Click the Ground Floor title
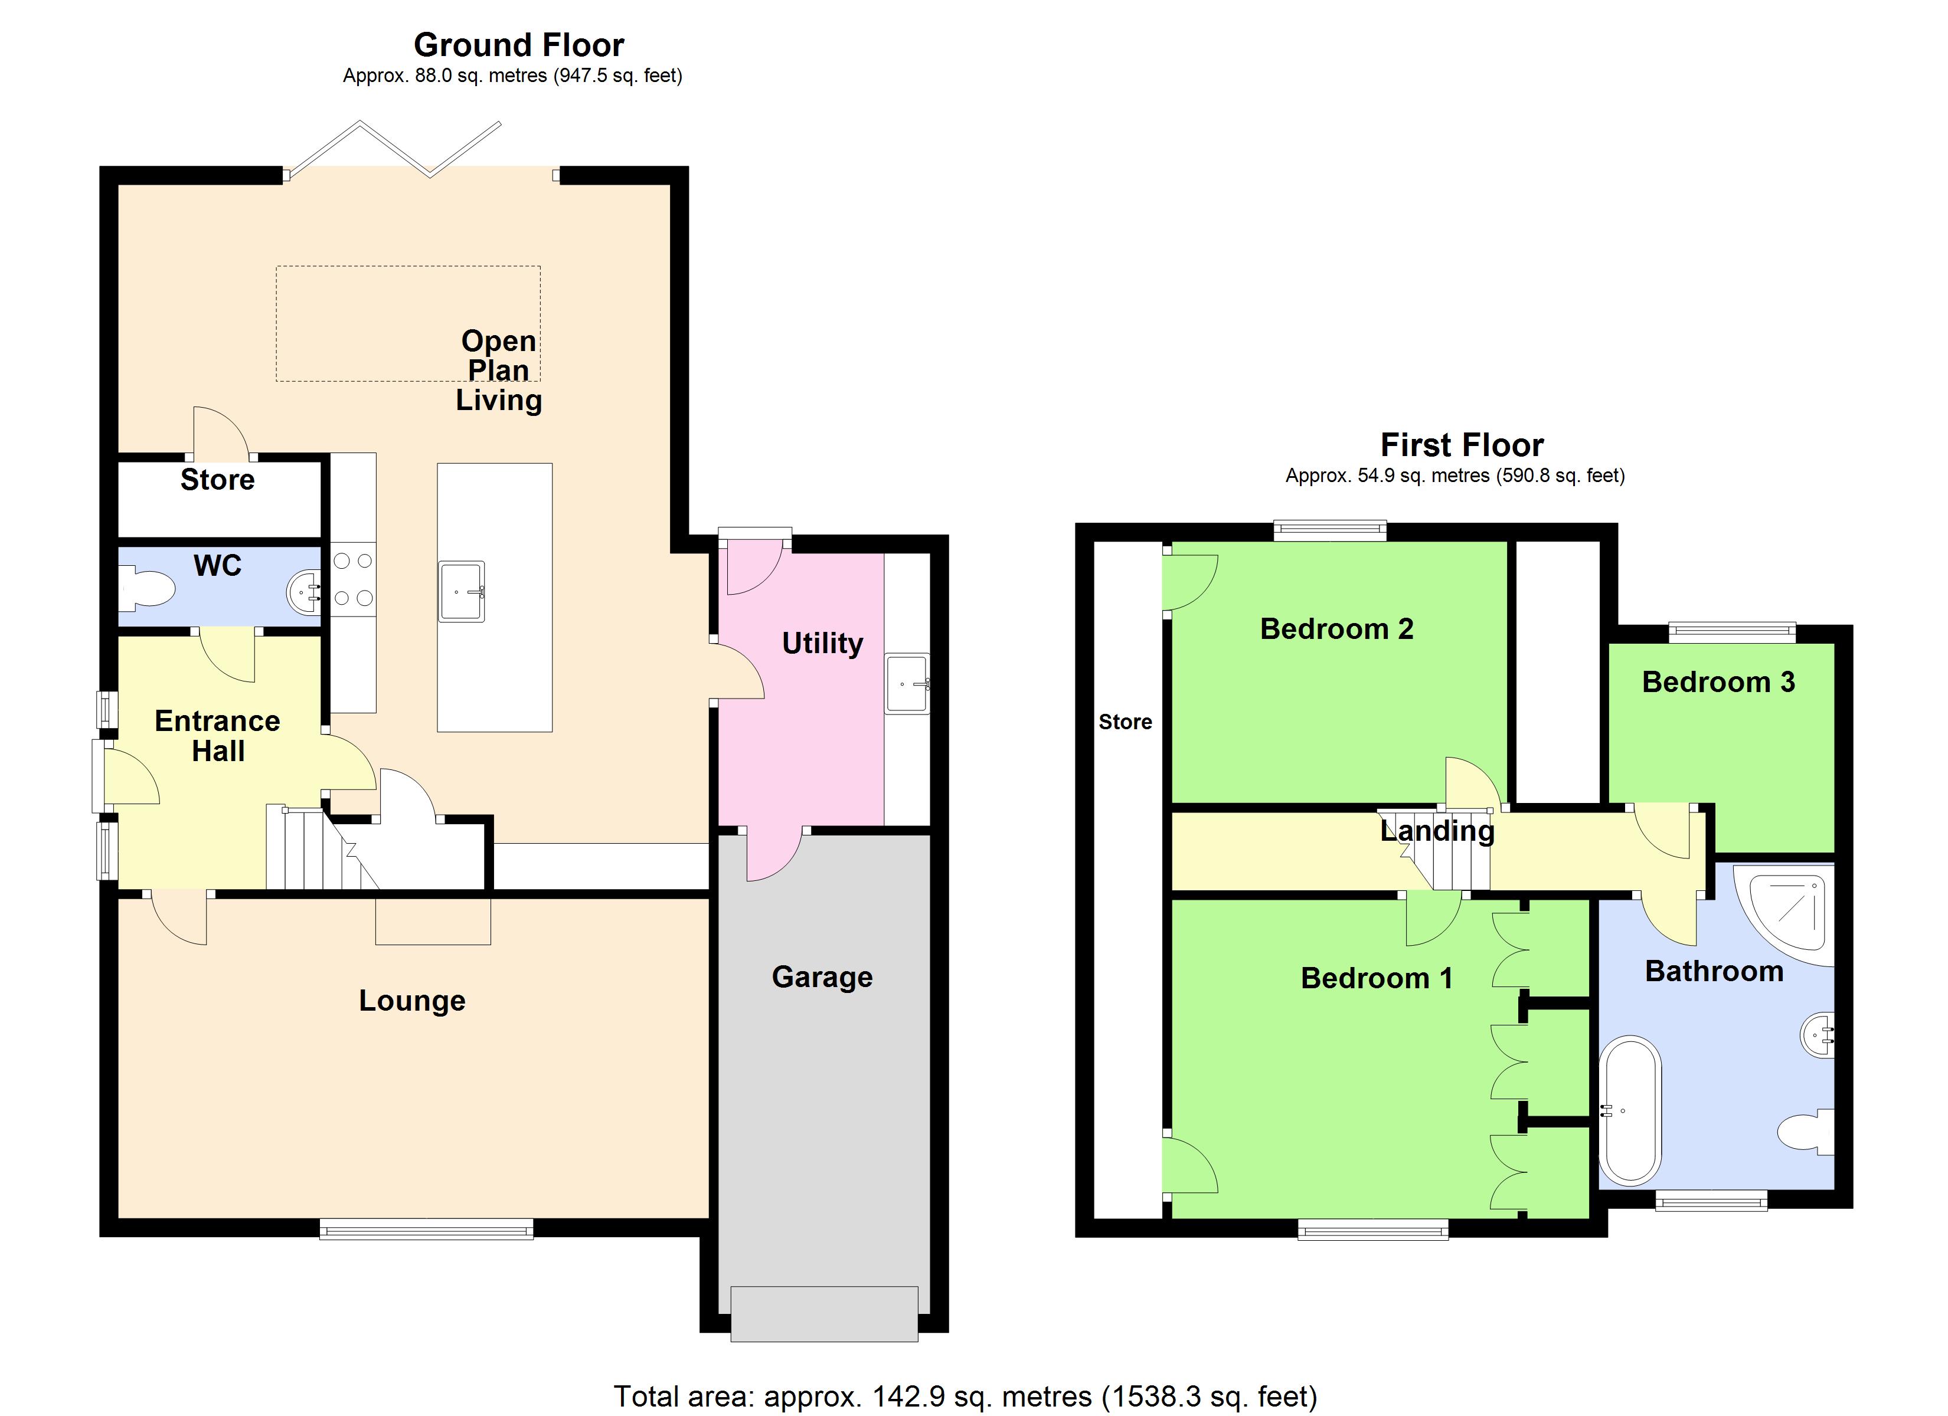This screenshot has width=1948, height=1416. pyautogui.click(x=519, y=45)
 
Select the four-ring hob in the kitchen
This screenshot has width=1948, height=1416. pyautogui.click(x=353, y=579)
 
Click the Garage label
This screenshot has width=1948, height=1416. pyautogui.click(x=822, y=976)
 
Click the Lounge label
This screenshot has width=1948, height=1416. pyautogui.click(x=412, y=1001)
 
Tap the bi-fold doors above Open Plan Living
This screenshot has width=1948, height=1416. pyautogui.click(x=393, y=150)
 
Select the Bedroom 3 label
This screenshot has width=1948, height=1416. pyautogui.click(x=1718, y=682)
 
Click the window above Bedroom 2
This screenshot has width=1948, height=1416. pyautogui.click(x=1329, y=530)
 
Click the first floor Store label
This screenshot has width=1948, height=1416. pyautogui.click(x=1125, y=722)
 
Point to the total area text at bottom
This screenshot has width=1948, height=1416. pyautogui.click(x=965, y=1397)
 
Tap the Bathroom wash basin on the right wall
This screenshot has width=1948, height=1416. pyautogui.click(x=1818, y=1037)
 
